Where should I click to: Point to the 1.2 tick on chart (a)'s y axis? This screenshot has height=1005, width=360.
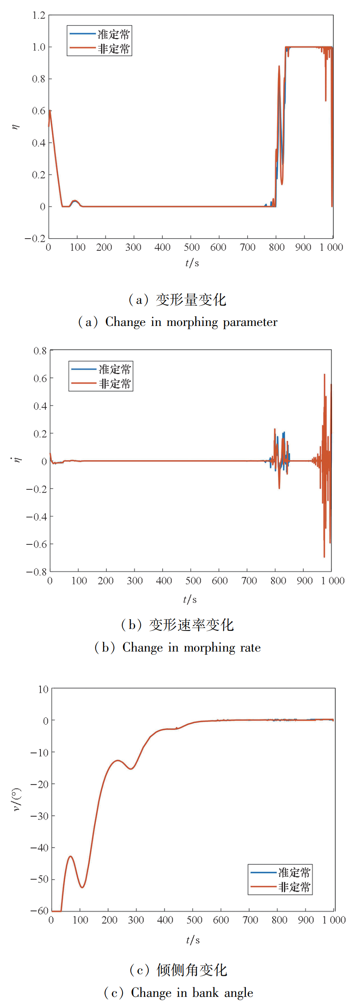pos(39,15)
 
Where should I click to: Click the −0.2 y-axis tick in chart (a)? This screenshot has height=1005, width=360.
pos(35,239)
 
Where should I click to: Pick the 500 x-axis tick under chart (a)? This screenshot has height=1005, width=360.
pos(192,247)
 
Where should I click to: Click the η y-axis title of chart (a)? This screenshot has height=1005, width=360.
pos(16,127)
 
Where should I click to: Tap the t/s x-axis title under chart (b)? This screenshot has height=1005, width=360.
pos(190,599)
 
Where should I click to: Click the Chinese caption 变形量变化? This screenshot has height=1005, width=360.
pos(191,300)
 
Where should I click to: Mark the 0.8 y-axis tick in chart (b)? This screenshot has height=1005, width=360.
pos(40,351)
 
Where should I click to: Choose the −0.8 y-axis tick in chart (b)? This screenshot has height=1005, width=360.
pos(37,572)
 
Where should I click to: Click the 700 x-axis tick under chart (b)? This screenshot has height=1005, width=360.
pos(249,581)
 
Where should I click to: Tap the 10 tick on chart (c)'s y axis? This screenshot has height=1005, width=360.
pos(43,689)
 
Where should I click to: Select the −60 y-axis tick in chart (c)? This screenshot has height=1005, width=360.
pos(40,910)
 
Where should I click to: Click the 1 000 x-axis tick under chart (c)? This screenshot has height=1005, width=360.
pos(334,920)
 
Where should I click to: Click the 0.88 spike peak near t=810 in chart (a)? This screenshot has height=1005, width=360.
pos(279,66)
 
